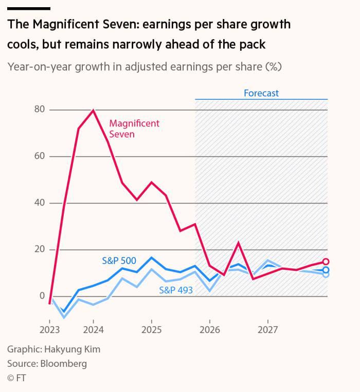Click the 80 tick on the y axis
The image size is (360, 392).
pos(40,109)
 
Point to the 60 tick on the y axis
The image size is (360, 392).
pos(40,156)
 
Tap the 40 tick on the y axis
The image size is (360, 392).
pos(40,203)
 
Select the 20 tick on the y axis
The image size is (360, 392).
pos(40,250)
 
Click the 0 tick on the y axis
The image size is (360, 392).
pos(42,296)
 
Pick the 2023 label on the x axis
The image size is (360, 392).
pos(50,329)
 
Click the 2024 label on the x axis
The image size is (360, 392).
pos(93,329)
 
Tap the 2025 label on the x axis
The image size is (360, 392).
pos(151,329)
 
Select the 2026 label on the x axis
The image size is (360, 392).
pos(209,329)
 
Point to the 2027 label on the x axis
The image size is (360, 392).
pos(267,329)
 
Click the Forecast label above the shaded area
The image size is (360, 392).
pos(261,93)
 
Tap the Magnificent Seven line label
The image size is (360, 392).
pos(134,129)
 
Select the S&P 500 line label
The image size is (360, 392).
pos(119,260)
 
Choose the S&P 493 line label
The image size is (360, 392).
pos(176,290)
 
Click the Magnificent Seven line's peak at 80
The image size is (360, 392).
pos(93,110)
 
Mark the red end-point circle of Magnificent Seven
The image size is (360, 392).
pos(326,262)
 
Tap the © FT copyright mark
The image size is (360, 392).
pos(16,378)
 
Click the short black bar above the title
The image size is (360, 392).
pos(29,9)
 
